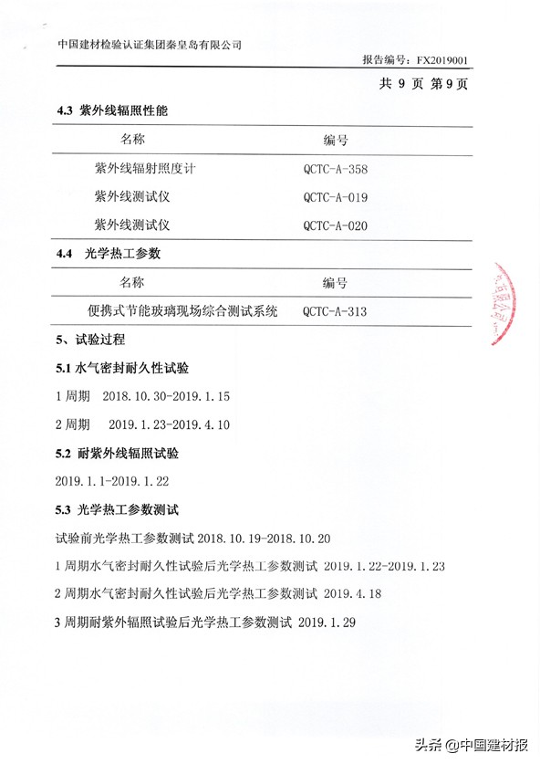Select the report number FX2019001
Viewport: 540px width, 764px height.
click(441, 60)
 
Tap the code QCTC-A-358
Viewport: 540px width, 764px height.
click(335, 169)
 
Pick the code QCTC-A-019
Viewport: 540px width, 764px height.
click(335, 197)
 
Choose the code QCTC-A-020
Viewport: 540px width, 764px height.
click(335, 225)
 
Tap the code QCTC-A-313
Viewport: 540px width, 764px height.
click(335, 312)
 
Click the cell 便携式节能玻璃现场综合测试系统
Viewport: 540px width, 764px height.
click(182, 311)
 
